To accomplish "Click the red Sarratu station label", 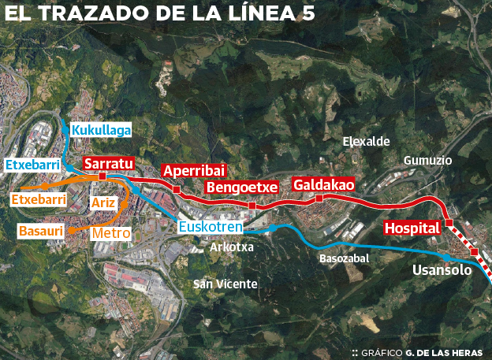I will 109,163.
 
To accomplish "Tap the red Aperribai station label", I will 193,171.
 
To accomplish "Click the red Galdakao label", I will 323,184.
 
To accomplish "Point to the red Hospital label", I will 411,228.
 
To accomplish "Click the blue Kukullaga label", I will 101,130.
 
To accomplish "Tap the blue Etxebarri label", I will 32,165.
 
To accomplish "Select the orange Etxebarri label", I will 39,200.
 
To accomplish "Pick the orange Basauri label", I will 42,232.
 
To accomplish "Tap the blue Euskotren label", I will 210,228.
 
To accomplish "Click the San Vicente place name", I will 225,284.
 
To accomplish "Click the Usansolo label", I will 442,270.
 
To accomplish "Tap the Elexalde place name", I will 367,142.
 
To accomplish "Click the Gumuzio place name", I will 427,160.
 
